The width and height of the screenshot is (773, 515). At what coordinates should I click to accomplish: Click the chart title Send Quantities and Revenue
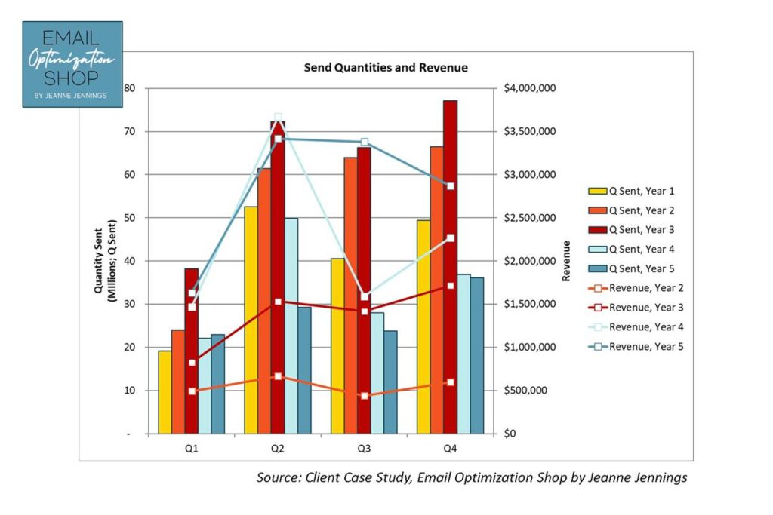click(x=386, y=68)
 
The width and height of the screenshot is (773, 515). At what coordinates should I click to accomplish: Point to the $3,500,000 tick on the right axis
click(x=529, y=132)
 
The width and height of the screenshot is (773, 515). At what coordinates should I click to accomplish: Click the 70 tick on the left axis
click(x=129, y=132)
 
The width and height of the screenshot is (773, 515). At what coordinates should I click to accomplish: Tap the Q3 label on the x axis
click(x=364, y=449)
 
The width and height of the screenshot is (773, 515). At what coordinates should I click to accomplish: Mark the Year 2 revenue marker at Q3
click(x=364, y=396)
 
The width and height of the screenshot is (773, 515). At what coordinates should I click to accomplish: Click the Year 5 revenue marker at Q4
click(x=450, y=186)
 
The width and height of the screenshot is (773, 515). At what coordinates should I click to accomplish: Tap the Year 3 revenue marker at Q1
click(x=192, y=363)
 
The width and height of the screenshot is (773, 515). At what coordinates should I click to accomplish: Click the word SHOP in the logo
click(x=72, y=78)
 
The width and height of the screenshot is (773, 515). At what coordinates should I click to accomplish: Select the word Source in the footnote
click(x=279, y=478)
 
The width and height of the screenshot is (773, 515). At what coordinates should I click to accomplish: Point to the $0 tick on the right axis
click(x=511, y=434)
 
